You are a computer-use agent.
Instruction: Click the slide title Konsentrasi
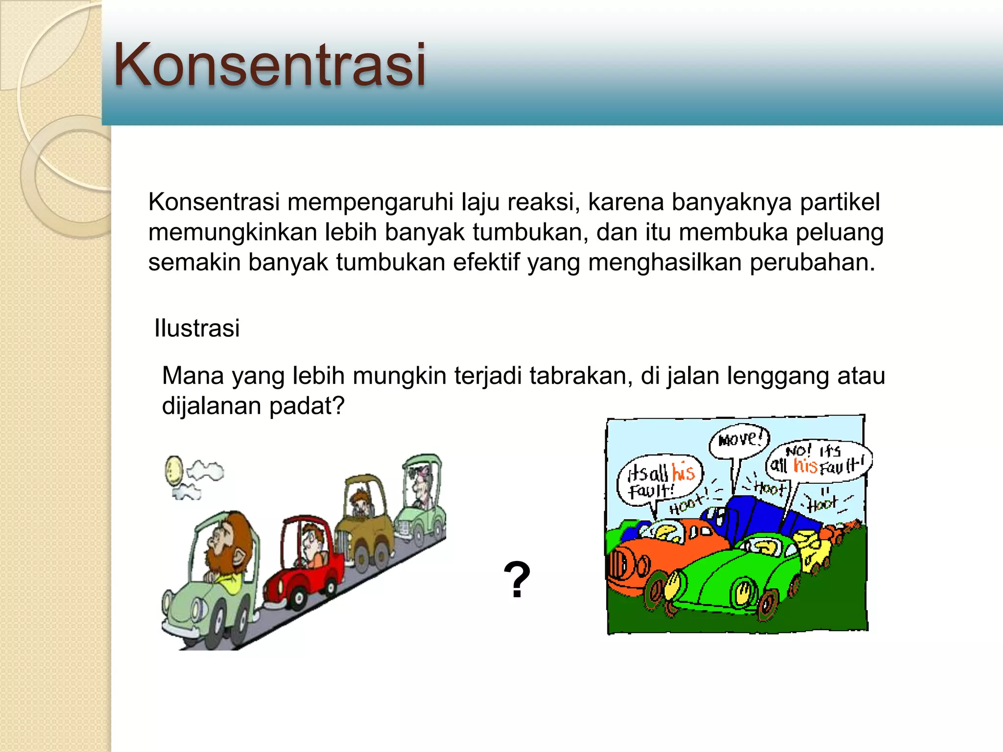pyautogui.click(x=269, y=65)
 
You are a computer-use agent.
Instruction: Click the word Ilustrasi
pyautogui.click(x=197, y=328)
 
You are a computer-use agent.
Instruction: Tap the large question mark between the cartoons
pyautogui.click(x=517, y=580)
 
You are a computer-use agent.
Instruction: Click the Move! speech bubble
pyautogui.click(x=740, y=440)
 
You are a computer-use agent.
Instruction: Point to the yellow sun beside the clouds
pyautogui.click(x=173, y=470)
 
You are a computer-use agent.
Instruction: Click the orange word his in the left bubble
pyautogui.click(x=683, y=472)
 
